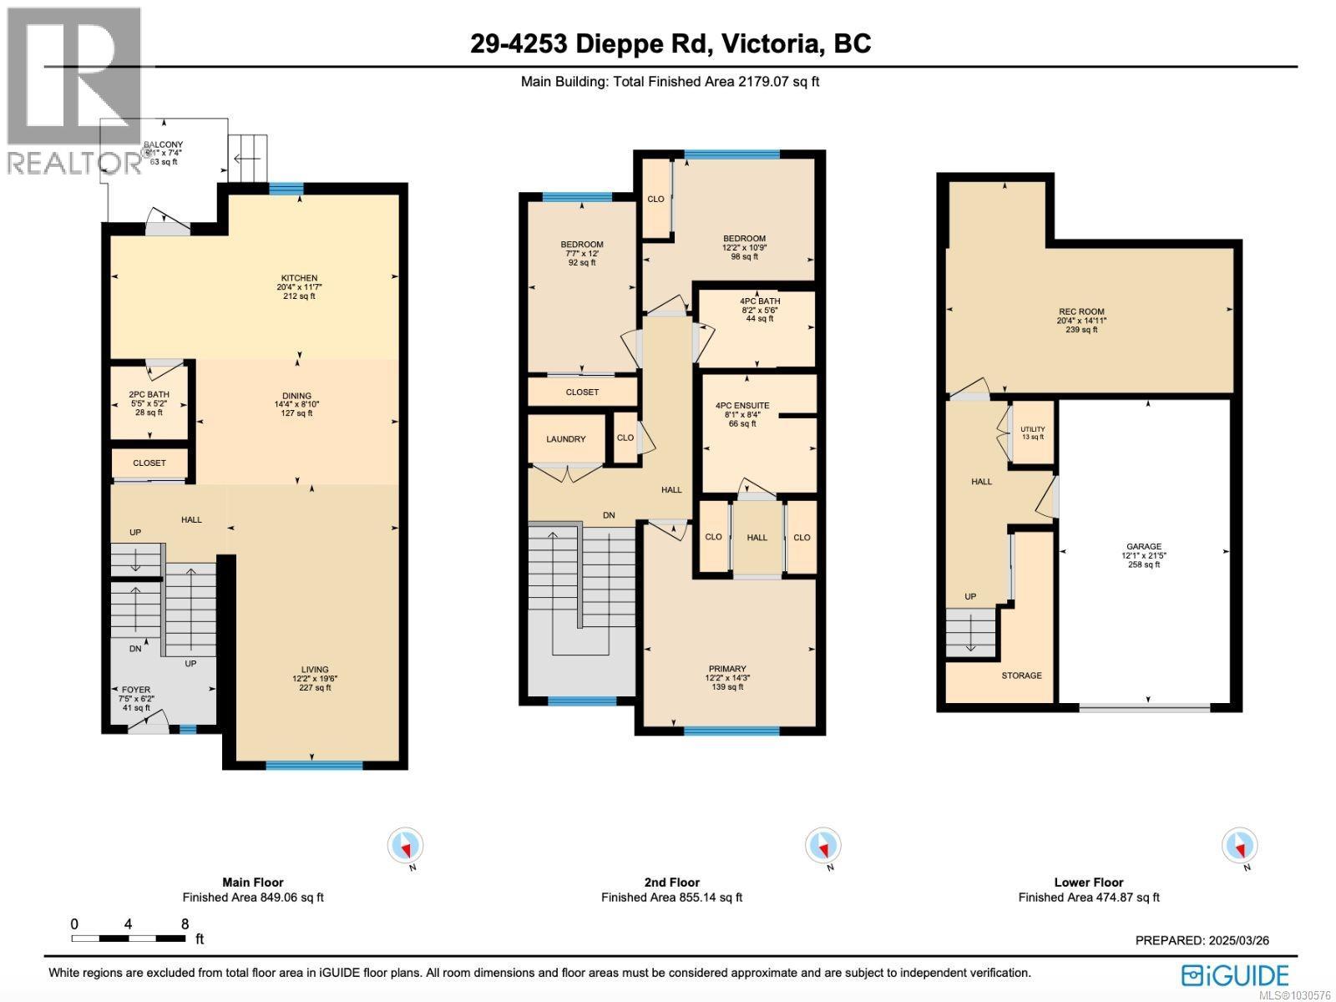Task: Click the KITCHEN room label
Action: [x=298, y=278]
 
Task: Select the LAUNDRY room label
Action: [x=565, y=439]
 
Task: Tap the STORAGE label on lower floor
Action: [x=1021, y=676]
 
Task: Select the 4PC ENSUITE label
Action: [x=742, y=406]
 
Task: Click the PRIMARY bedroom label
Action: [x=726, y=669]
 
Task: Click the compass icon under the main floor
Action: [x=405, y=847]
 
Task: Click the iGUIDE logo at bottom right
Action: [x=1235, y=975]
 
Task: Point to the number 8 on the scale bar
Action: [x=185, y=924]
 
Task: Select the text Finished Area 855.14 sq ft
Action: [x=671, y=898]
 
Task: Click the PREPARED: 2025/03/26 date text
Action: [x=1202, y=940]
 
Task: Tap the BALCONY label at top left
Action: [x=163, y=145]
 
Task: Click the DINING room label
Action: [x=296, y=396]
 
